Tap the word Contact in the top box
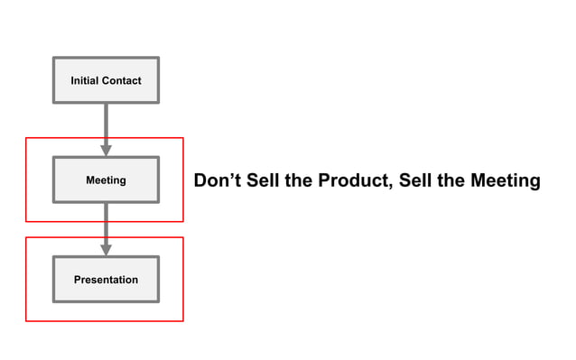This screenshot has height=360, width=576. [x=122, y=81]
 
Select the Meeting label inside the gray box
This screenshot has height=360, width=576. [x=106, y=180]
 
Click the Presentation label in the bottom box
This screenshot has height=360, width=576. [x=106, y=280]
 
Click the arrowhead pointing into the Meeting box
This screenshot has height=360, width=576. [x=106, y=150]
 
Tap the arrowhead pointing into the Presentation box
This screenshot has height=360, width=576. [x=106, y=250]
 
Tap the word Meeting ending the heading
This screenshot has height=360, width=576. [x=505, y=181]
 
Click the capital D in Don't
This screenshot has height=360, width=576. [x=201, y=181]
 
